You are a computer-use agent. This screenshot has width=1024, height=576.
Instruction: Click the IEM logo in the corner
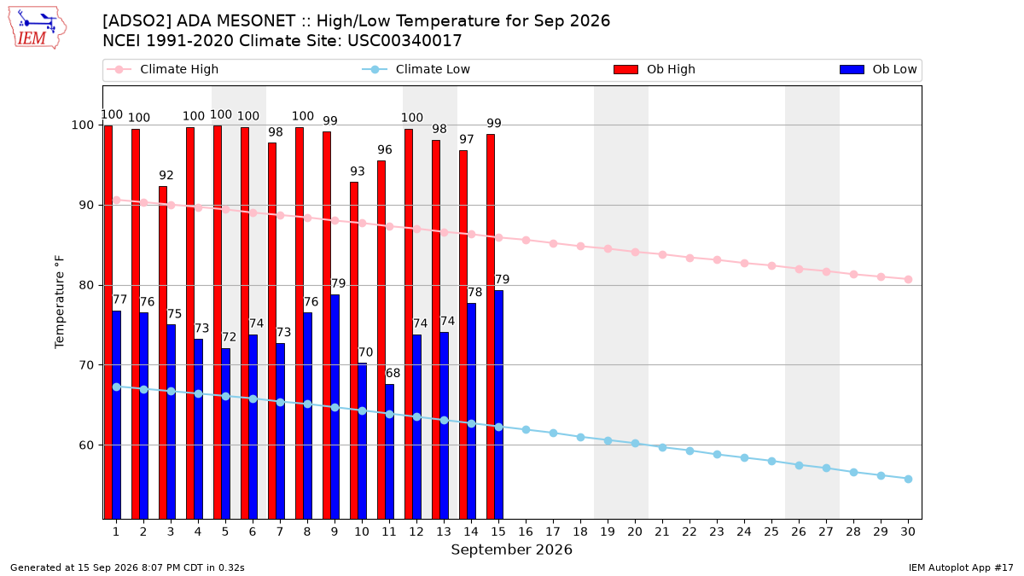[38, 27]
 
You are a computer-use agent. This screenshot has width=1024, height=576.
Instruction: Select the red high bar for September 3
[163, 352]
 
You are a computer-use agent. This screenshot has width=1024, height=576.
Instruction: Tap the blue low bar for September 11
[389, 451]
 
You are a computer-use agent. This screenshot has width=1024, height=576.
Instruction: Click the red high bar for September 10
[354, 351]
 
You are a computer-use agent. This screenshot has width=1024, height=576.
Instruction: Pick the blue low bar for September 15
[498, 404]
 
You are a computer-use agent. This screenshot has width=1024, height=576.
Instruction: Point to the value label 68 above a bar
[393, 373]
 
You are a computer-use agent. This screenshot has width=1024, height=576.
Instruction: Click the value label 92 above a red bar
[166, 175]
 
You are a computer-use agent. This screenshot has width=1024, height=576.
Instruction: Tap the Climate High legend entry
[162, 69]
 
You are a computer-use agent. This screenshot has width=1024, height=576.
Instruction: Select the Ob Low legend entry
[878, 69]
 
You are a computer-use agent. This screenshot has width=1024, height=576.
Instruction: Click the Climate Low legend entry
[416, 69]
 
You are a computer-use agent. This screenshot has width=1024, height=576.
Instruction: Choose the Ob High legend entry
[655, 69]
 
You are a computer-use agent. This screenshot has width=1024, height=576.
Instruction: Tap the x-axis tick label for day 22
[689, 532]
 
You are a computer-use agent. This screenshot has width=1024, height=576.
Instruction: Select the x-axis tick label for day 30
[908, 532]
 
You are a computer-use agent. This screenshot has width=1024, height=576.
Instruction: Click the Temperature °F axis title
[60, 302]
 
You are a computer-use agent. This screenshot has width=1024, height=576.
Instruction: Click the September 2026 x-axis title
[511, 550]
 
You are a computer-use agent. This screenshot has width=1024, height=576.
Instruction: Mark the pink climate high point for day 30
[908, 279]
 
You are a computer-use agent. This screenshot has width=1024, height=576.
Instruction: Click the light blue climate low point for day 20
[635, 444]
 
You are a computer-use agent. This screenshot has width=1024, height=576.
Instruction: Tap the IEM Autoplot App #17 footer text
[961, 567]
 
